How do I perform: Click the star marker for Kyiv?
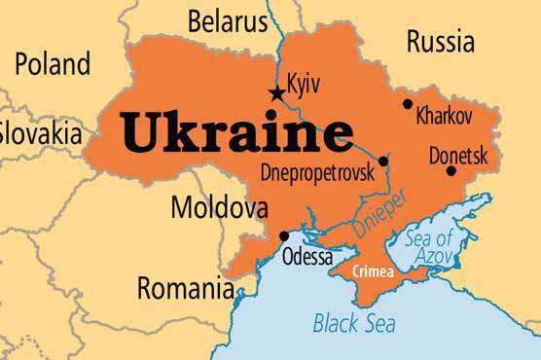[x=277, y=93]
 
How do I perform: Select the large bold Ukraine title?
[x=236, y=133]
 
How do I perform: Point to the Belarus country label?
[x=227, y=19]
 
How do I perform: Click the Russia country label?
[x=441, y=41]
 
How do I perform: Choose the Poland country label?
[x=52, y=64]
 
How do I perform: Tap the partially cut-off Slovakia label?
[x=40, y=131]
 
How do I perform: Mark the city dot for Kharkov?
[x=407, y=103]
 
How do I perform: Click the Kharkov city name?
[x=444, y=116]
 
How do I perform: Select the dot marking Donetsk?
[x=451, y=171]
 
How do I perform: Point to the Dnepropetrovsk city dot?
[x=383, y=162]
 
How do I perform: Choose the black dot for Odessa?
[x=283, y=235]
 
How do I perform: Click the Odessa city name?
[x=307, y=257]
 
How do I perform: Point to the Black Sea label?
[x=355, y=322]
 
